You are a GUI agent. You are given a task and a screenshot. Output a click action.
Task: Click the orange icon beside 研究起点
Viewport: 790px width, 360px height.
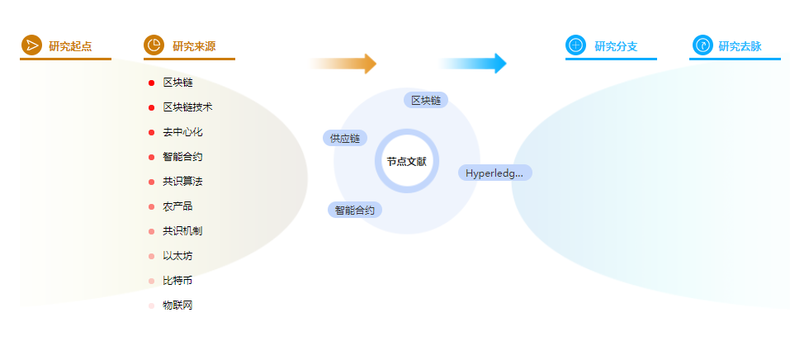31,45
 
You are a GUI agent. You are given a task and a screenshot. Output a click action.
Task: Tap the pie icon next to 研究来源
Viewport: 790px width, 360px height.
154,45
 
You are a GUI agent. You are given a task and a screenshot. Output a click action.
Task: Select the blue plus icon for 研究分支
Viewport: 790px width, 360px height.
575,45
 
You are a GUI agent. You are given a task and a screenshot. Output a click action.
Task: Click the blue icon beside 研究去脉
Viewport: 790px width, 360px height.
702,45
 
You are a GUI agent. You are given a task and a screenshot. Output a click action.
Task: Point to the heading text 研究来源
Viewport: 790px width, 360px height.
194,46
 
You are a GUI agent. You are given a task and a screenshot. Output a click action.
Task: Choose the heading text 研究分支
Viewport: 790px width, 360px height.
616,46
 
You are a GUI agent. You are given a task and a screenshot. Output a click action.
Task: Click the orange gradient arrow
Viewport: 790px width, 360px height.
342,64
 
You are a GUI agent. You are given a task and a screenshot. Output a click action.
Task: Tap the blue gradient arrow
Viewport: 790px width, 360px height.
472,64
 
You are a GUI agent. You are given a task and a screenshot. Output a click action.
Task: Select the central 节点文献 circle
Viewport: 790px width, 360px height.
407,161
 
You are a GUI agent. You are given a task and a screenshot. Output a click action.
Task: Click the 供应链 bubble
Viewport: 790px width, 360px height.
345,138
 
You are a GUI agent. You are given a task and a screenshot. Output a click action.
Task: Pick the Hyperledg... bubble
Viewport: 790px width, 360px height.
494,173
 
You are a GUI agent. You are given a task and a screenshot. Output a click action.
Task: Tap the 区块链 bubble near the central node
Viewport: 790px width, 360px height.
426,101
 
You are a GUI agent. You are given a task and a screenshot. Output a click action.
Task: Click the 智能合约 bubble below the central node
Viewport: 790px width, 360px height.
355,210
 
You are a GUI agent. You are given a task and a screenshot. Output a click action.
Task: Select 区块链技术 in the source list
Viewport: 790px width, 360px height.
187,107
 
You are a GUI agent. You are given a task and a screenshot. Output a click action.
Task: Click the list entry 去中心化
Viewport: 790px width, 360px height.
182,132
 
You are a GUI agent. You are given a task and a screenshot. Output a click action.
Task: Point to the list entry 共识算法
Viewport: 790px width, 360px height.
182,182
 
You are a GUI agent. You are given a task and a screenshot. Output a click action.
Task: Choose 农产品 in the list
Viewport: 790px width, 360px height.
177,206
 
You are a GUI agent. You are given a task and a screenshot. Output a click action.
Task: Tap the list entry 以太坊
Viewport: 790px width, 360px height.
177,256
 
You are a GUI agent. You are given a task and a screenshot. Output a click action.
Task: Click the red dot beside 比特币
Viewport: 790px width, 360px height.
152,281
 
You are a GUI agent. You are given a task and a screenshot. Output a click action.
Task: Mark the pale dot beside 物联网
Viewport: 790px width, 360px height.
152,306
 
